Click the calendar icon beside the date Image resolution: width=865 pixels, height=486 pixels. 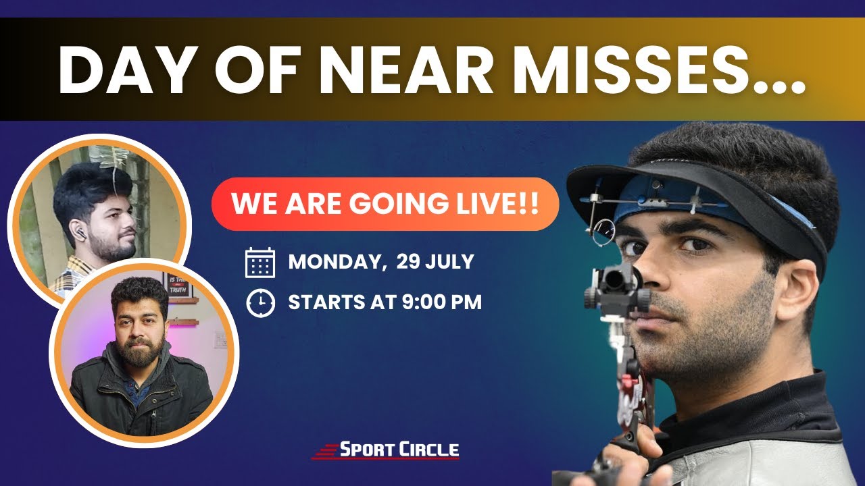(260, 263)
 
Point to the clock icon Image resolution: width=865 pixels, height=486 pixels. (260, 303)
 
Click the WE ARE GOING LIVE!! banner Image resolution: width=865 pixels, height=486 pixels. (385, 204)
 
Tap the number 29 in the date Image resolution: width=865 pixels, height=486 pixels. (412, 262)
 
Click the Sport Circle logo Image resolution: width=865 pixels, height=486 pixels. (385, 450)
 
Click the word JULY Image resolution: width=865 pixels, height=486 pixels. (453, 262)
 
